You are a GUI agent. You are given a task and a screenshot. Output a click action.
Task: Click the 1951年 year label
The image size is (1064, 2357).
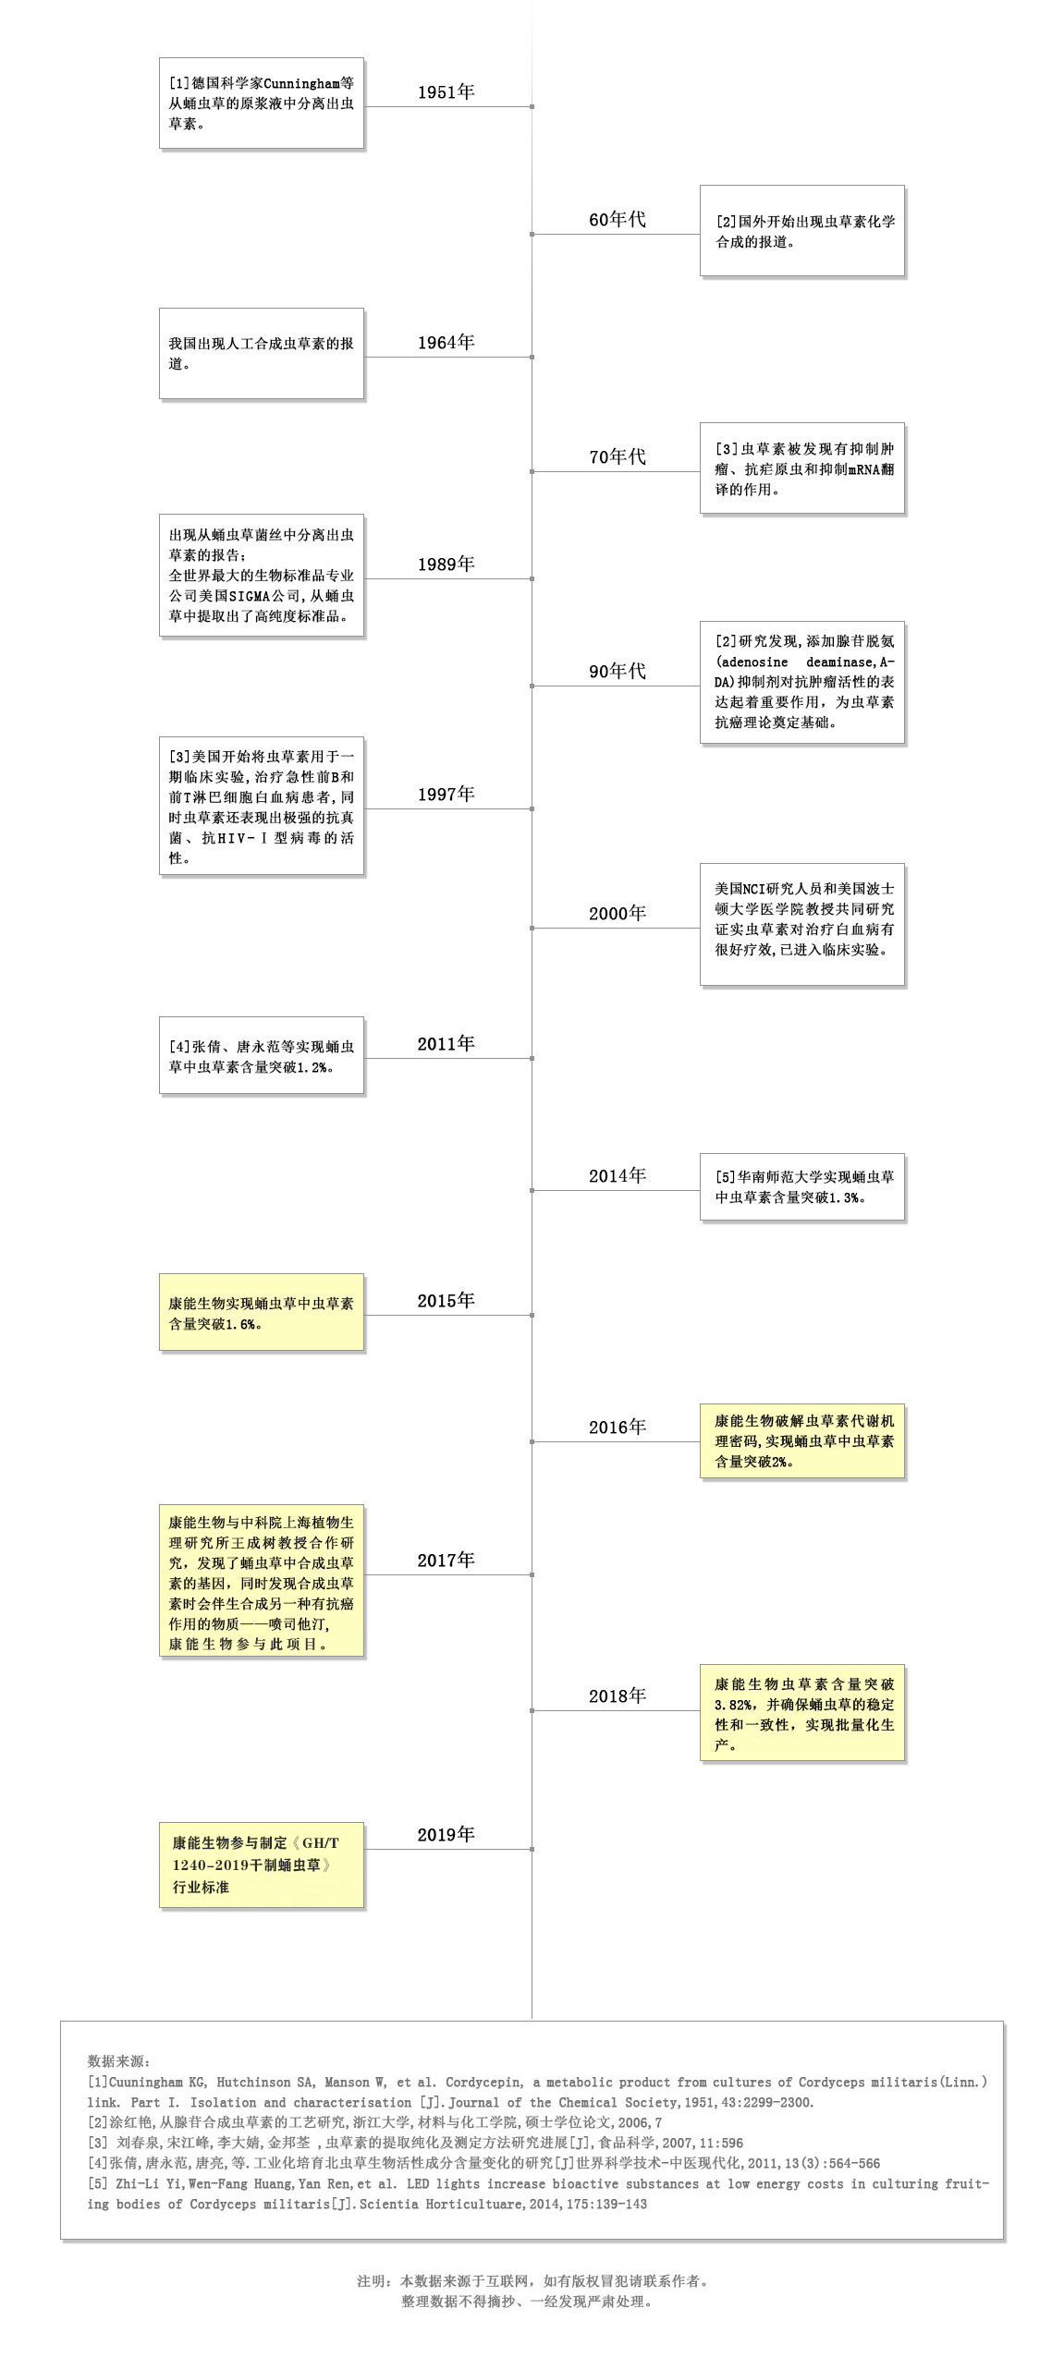click(446, 92)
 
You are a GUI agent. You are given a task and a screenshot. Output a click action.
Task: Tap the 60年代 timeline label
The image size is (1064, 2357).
click(618, 220)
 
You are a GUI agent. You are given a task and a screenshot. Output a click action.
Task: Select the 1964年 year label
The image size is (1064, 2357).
click(446, 343)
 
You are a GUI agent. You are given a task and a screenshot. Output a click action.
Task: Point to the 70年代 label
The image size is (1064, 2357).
click(618, 457)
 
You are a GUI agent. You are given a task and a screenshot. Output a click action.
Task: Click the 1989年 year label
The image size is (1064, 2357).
click(446, 565)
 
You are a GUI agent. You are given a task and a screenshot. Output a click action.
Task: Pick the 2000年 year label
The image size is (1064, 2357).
click(618, 914)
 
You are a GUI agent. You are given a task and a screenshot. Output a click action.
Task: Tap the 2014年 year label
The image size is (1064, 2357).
click(618, 1176)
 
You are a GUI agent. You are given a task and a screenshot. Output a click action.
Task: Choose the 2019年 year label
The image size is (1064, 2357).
click(446, 1835)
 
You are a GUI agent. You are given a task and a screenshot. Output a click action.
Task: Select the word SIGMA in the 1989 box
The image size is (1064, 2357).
click(248, 596)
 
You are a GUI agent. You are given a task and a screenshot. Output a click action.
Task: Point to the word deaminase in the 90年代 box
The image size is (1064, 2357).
click(839, 662)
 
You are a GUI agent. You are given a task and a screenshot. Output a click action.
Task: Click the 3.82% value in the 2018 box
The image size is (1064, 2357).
click(734, 1705)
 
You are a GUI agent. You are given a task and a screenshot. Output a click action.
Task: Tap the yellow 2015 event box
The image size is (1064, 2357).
click(262, 1313)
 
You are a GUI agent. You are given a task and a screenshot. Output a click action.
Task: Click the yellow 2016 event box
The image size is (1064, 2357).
click(802, 1441)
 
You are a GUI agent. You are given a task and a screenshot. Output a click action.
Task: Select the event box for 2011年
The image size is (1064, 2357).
click(262, 1056)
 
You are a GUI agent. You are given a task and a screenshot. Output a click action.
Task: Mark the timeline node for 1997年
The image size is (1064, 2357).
click(532, 809)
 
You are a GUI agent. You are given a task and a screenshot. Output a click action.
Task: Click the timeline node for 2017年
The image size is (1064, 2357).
click(532, 1574)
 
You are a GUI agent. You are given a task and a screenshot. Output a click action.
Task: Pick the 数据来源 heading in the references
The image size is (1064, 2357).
click(120, 2061)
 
